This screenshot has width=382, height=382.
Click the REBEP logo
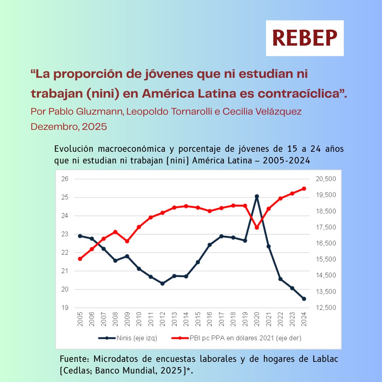[305, 38]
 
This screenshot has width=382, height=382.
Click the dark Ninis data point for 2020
[257, 196]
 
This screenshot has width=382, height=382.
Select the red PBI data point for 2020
[257, 227]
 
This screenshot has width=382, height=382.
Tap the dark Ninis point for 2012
[162, 283]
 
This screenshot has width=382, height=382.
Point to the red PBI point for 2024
[304, 189]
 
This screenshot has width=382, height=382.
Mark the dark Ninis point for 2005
[80, 236]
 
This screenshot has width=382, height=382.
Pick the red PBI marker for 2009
[127, 241]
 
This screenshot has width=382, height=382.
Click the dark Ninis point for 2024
[304, 299]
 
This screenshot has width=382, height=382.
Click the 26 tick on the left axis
[65, 179]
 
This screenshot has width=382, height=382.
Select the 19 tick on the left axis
[65, 308]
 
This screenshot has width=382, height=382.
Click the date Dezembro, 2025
[69, 127]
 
